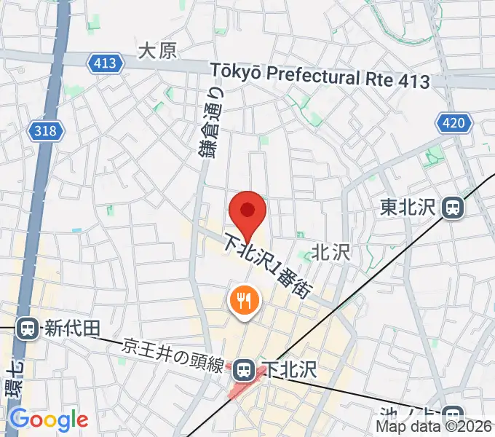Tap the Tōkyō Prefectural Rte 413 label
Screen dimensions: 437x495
[320, 76]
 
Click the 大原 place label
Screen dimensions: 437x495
[157, 51]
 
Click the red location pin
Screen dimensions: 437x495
[247, 211]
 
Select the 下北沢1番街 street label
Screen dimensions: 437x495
[269, 265]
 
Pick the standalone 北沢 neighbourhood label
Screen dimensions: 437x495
[331, 253]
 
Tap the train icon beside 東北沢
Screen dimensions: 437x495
[453, 208]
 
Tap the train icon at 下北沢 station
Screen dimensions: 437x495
[245, 371]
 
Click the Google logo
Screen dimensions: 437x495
[49, 420]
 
